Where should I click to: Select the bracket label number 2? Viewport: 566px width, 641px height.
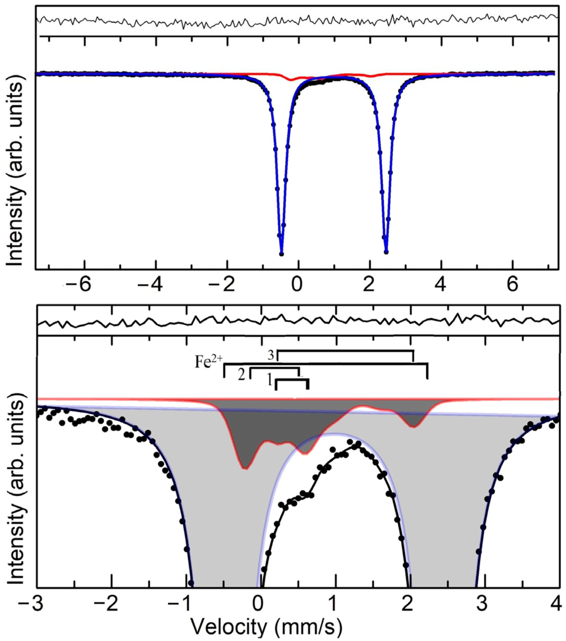click(241, 375)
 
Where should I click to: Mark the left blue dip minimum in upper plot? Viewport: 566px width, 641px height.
click(281, 253)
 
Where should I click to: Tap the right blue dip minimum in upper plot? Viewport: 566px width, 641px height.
click(386, 252)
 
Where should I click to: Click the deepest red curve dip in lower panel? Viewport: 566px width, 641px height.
click(246, 477)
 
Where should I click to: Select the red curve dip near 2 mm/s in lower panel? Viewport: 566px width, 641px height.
click(414, 426)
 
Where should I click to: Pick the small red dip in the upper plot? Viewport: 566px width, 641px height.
click(291, 80)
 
